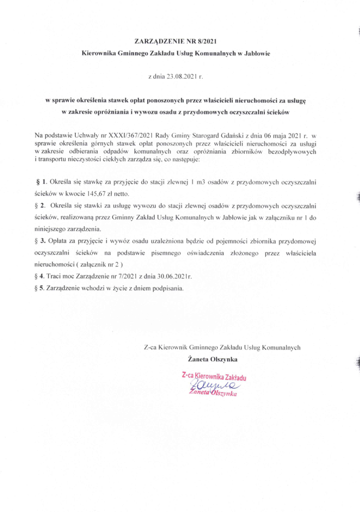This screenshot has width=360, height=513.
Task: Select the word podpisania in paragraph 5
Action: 169,289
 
